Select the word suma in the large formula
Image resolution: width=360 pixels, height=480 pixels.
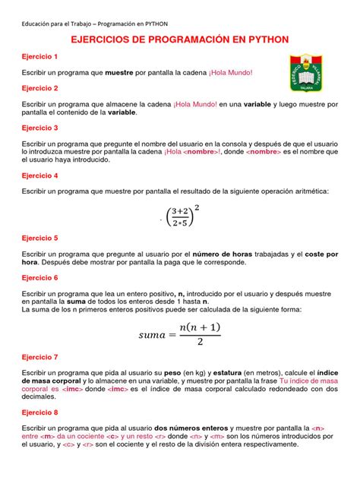click(156, 333)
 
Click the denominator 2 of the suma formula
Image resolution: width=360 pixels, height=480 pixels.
click(199, 343)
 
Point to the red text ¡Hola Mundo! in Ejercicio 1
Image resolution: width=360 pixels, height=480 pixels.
click(224, 73)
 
